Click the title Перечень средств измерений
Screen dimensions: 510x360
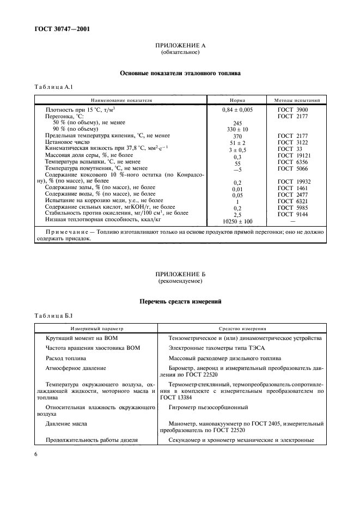point(180,301)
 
